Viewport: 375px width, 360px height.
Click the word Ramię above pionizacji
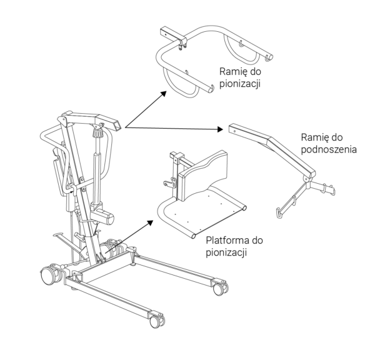(227, 72)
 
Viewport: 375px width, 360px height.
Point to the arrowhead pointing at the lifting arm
(219, 130)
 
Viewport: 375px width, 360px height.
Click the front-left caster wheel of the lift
(47, 274)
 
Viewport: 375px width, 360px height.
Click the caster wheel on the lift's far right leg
(218, 288)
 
